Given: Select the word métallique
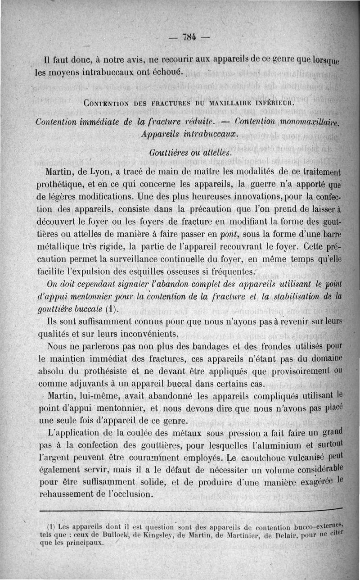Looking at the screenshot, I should pyautogui.click(x=60, y=247).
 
